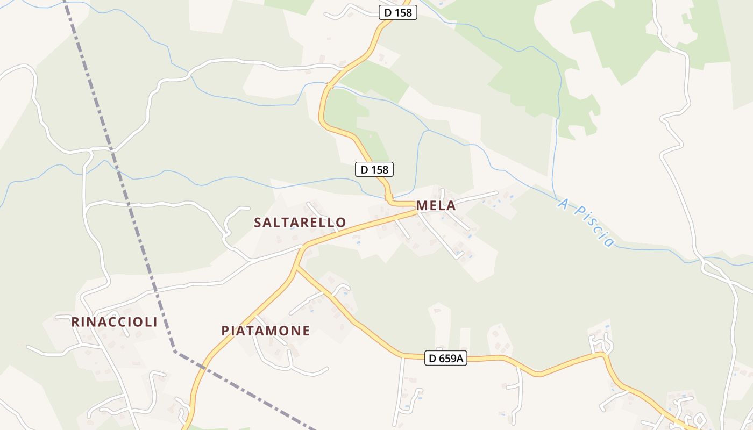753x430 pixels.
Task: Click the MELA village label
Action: pos(436,205)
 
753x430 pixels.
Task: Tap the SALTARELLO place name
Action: pos(300,223)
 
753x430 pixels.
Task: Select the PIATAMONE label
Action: pos(266,331)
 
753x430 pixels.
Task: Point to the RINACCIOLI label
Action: pos(115,322)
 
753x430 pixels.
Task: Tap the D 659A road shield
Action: pos(446,358)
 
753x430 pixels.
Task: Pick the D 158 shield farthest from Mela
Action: pos(398,12)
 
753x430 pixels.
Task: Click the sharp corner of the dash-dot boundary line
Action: pos(175,351)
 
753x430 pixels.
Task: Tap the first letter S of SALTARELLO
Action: pos(258,223)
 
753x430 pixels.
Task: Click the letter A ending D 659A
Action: pos(459,358)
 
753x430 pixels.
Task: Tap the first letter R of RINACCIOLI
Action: pos(76,322)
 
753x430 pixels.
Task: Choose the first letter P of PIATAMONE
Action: pos(226,331)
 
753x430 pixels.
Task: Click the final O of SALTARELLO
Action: pos(341,223)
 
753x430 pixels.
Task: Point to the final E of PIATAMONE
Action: pos(306,331)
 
